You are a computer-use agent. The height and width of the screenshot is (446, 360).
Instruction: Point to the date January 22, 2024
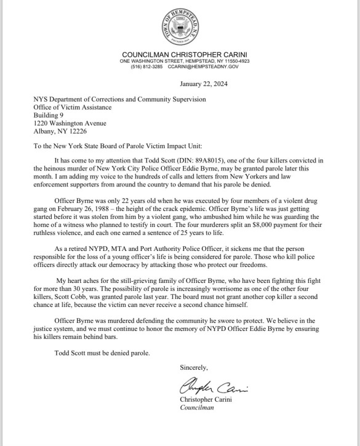click(203, 84)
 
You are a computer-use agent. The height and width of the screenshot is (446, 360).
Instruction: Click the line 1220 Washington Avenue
click(66, 122)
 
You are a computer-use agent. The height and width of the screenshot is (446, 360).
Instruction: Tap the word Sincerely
click(194, 368)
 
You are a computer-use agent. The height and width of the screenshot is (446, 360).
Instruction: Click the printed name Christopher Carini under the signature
click(209, 399)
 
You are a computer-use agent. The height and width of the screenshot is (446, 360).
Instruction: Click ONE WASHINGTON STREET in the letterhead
click(151, 61)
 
